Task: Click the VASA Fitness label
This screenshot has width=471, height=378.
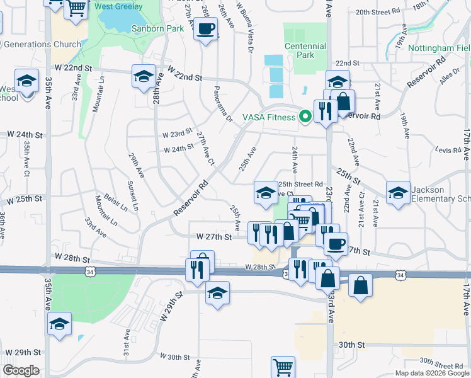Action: (269, 117)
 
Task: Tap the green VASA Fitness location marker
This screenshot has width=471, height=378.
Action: (305, 117)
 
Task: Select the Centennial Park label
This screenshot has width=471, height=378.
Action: (305, 50)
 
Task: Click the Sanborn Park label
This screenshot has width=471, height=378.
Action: (157, 28)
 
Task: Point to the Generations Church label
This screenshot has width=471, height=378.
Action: (42, 44)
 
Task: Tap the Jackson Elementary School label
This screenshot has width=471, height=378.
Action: (440, 194)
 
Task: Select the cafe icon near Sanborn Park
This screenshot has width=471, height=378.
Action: (206, 28)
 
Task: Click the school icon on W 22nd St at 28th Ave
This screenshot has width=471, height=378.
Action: (144, 76)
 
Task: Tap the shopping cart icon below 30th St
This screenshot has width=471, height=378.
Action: (283, 366)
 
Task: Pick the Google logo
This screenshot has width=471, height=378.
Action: (21, 370)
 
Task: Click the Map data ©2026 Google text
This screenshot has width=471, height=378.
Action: (432, 373)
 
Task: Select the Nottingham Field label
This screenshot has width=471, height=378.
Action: (439, 48)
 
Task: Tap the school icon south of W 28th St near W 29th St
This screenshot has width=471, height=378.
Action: (218, 293)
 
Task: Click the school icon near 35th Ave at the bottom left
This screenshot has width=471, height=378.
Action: (60, 324)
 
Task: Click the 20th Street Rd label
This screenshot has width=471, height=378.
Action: (378, 12)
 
